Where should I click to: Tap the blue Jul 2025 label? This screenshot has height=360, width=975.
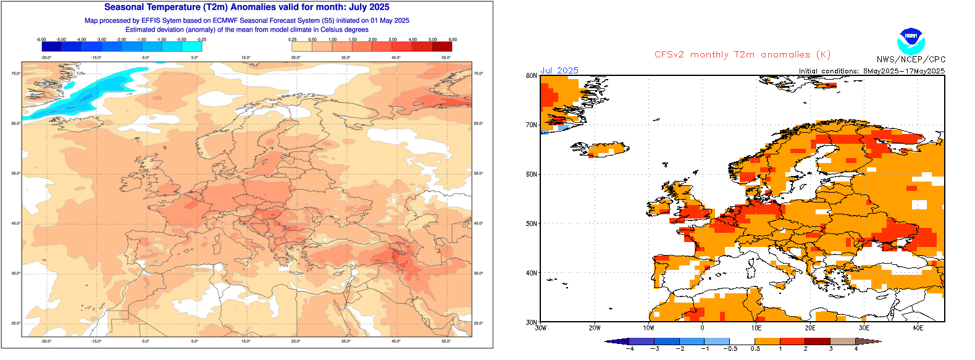pos(559,70)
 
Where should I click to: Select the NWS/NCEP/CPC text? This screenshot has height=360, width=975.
pos(911,59)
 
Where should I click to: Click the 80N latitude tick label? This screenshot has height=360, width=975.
pos(531,76)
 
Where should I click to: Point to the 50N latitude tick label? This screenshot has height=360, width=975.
pos(531,224)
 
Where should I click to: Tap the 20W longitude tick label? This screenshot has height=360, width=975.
pos(595,328)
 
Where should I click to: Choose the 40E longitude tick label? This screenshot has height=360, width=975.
pos(918,328)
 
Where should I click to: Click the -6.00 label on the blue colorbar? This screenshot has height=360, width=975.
pos(41,40)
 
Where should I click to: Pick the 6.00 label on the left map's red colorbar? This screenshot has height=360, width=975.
pos(453,40)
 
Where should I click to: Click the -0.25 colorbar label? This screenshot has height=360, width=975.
pos(201,40)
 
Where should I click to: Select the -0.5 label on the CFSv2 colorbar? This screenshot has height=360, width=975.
pos(730,348)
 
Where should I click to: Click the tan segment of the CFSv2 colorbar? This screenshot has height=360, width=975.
pos(843,341)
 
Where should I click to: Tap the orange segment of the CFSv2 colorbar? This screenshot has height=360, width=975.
pos(768,341)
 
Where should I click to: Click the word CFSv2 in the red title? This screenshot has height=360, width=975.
pos(669,54)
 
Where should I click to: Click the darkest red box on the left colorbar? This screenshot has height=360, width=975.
pos(442,46)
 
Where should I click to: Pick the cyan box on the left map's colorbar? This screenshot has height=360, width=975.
pos(192,46)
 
